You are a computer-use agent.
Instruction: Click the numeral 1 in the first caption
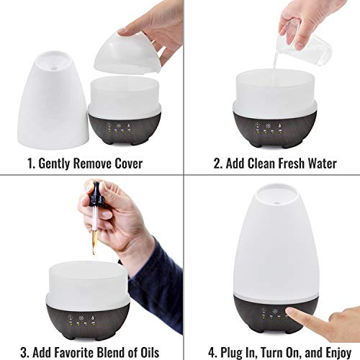[x=29, y=163]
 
